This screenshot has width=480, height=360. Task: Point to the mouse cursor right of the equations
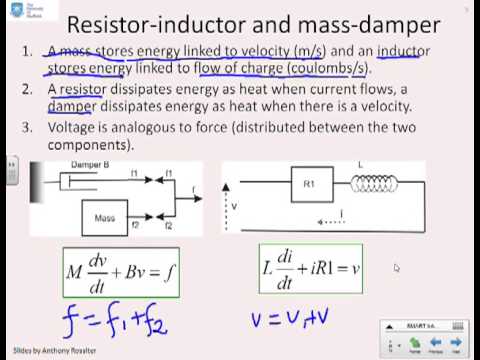click(397, 268)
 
